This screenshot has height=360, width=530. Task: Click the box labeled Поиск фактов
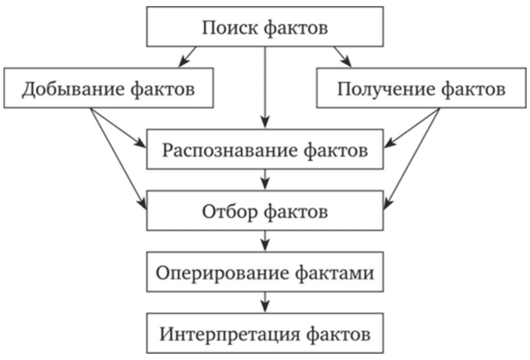pyautogui.click(x=265, y=27)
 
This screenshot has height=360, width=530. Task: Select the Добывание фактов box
pyautogui.click(x=109, y=88)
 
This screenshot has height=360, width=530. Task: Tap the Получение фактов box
pyautogui.click(x=421, y=88)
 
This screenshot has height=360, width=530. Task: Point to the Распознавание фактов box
pyautogui.click(x=265, y=149)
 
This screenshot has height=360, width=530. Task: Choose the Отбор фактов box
pyautogui.click(x=265, y=210)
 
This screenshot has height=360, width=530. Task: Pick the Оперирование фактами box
pyautogui.click(x=265, y=271)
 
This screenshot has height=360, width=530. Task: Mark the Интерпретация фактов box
pyautogui.click(x=265, y=333)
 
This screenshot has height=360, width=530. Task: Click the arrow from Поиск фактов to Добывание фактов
pyautogui.click(x=187, y=57)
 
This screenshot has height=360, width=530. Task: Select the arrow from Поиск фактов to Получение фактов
pyautogui.click(x=343, y=57)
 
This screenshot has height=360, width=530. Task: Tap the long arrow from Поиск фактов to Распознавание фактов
pyautogui.click(x=265, y=87)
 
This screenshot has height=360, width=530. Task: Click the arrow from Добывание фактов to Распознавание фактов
pyautogui.click(x=118, y=127)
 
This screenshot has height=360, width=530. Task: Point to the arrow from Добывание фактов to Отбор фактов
pyautogui.click(x=118, y=158)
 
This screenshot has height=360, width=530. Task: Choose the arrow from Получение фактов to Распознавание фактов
pyautogui.click(x=412, y=127)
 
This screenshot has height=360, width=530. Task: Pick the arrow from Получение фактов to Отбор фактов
pyautogui.click(x=412, y=158)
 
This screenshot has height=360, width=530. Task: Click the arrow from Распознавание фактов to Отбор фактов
pyautogui.click(x=265, y=180)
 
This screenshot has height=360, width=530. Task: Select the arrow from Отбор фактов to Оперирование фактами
pyautogui.click(x=265, y=241)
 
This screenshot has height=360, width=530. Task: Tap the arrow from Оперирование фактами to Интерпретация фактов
pyautogui.click(x=265, y=302)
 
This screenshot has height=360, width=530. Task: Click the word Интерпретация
pyautogui.click(x=230, y=334)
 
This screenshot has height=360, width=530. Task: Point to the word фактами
pyautogui.click(x=335, y=273)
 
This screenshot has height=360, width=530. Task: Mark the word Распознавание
pyautogui.click(x=230, y=150)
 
